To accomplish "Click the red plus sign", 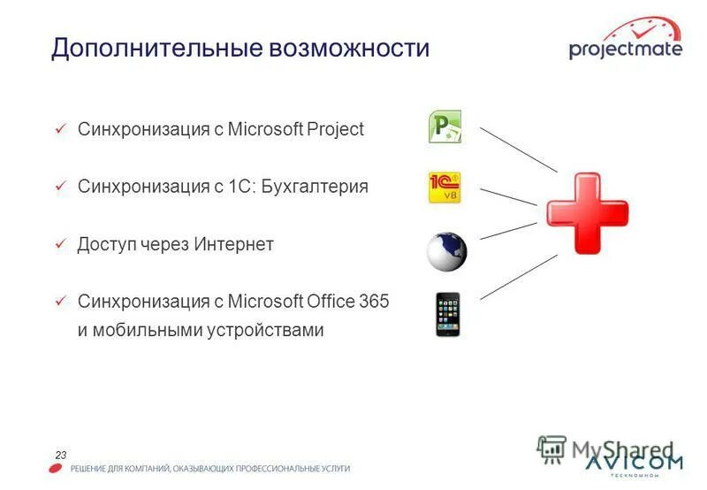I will click(x=586, y=213).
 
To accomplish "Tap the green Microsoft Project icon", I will click(x=445, y=127).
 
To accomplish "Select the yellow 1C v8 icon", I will click(x=445, y=188).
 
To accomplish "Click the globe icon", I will click(x=447, y=252).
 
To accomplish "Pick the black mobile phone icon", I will click(x=447, y=314).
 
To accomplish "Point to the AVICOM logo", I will click(x=634, y=463).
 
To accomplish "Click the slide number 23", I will click(x=61, y=455).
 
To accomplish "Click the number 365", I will click(x=374, y=301).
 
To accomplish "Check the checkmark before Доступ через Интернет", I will click(x=60, y=244).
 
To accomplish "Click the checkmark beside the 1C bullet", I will click(x=60, y=187).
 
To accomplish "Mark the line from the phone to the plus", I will click(x=519, y=276).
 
